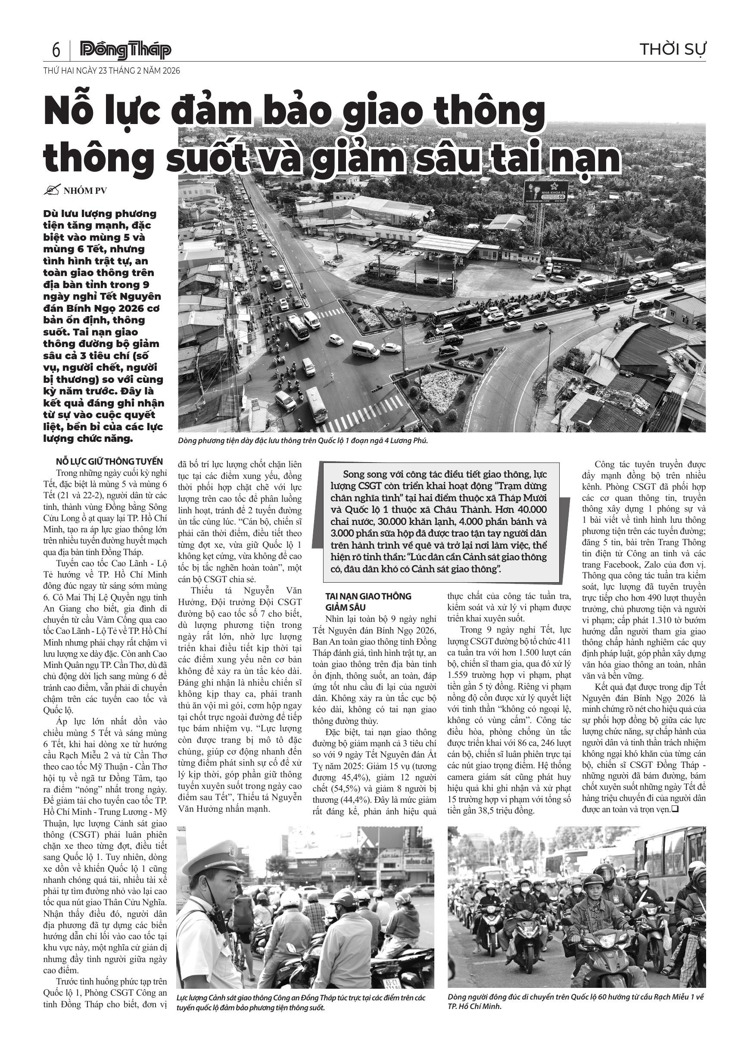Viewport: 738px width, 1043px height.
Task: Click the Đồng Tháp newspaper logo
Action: click(x=125, y=50)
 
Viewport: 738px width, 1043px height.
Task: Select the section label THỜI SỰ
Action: click(x=673, y=49)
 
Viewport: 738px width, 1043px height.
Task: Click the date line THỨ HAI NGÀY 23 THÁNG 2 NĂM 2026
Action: click(x=112, y=71)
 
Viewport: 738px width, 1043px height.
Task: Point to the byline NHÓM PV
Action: click(x=85, y=191)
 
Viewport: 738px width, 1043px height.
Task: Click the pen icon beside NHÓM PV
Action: click(x=51, y=190)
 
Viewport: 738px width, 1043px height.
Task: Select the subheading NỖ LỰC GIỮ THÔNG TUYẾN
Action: click(x=109, y=462)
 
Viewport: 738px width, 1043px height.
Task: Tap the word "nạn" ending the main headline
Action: click(x=590, y=158)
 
